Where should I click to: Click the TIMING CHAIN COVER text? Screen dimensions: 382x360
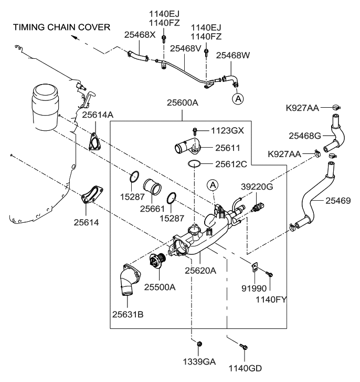62,27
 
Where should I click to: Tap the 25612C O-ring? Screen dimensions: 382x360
195,163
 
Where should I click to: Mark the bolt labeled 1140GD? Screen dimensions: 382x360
242,347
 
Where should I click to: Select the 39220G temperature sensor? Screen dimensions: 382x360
258,203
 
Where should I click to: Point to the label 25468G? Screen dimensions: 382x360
305,136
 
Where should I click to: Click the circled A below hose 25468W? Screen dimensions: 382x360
238,98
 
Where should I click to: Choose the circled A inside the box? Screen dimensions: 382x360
212,184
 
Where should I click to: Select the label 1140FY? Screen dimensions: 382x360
270,300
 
